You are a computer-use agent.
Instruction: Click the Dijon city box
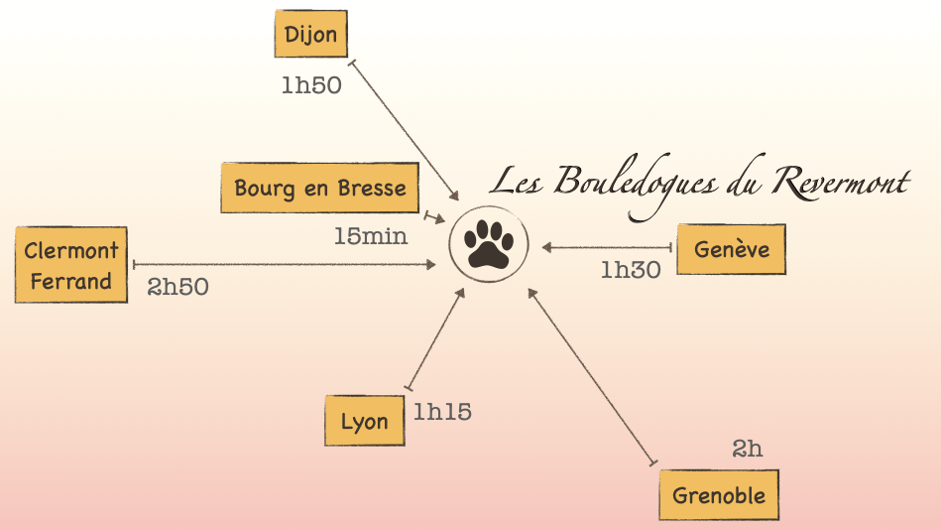tap(310, 35)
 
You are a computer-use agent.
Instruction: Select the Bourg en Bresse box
tap(320, 188)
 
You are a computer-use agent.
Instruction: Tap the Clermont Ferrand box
tap(71, 265)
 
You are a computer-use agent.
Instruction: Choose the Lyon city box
tap(364, 421)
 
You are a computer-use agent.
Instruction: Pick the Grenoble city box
tap(719, 495)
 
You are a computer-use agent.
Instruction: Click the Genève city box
tap(731, 248)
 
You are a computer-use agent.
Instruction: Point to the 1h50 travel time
tap(311, 85)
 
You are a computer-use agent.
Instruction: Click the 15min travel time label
tap(371, 237)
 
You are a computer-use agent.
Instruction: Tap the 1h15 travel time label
tap(442, 412)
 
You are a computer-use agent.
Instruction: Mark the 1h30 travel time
tap(631, 270)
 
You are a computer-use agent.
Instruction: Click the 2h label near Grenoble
tap(748, 449)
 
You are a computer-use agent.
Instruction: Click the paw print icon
tap(488, 244)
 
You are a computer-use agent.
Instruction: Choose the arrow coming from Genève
tap(608, 247)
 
